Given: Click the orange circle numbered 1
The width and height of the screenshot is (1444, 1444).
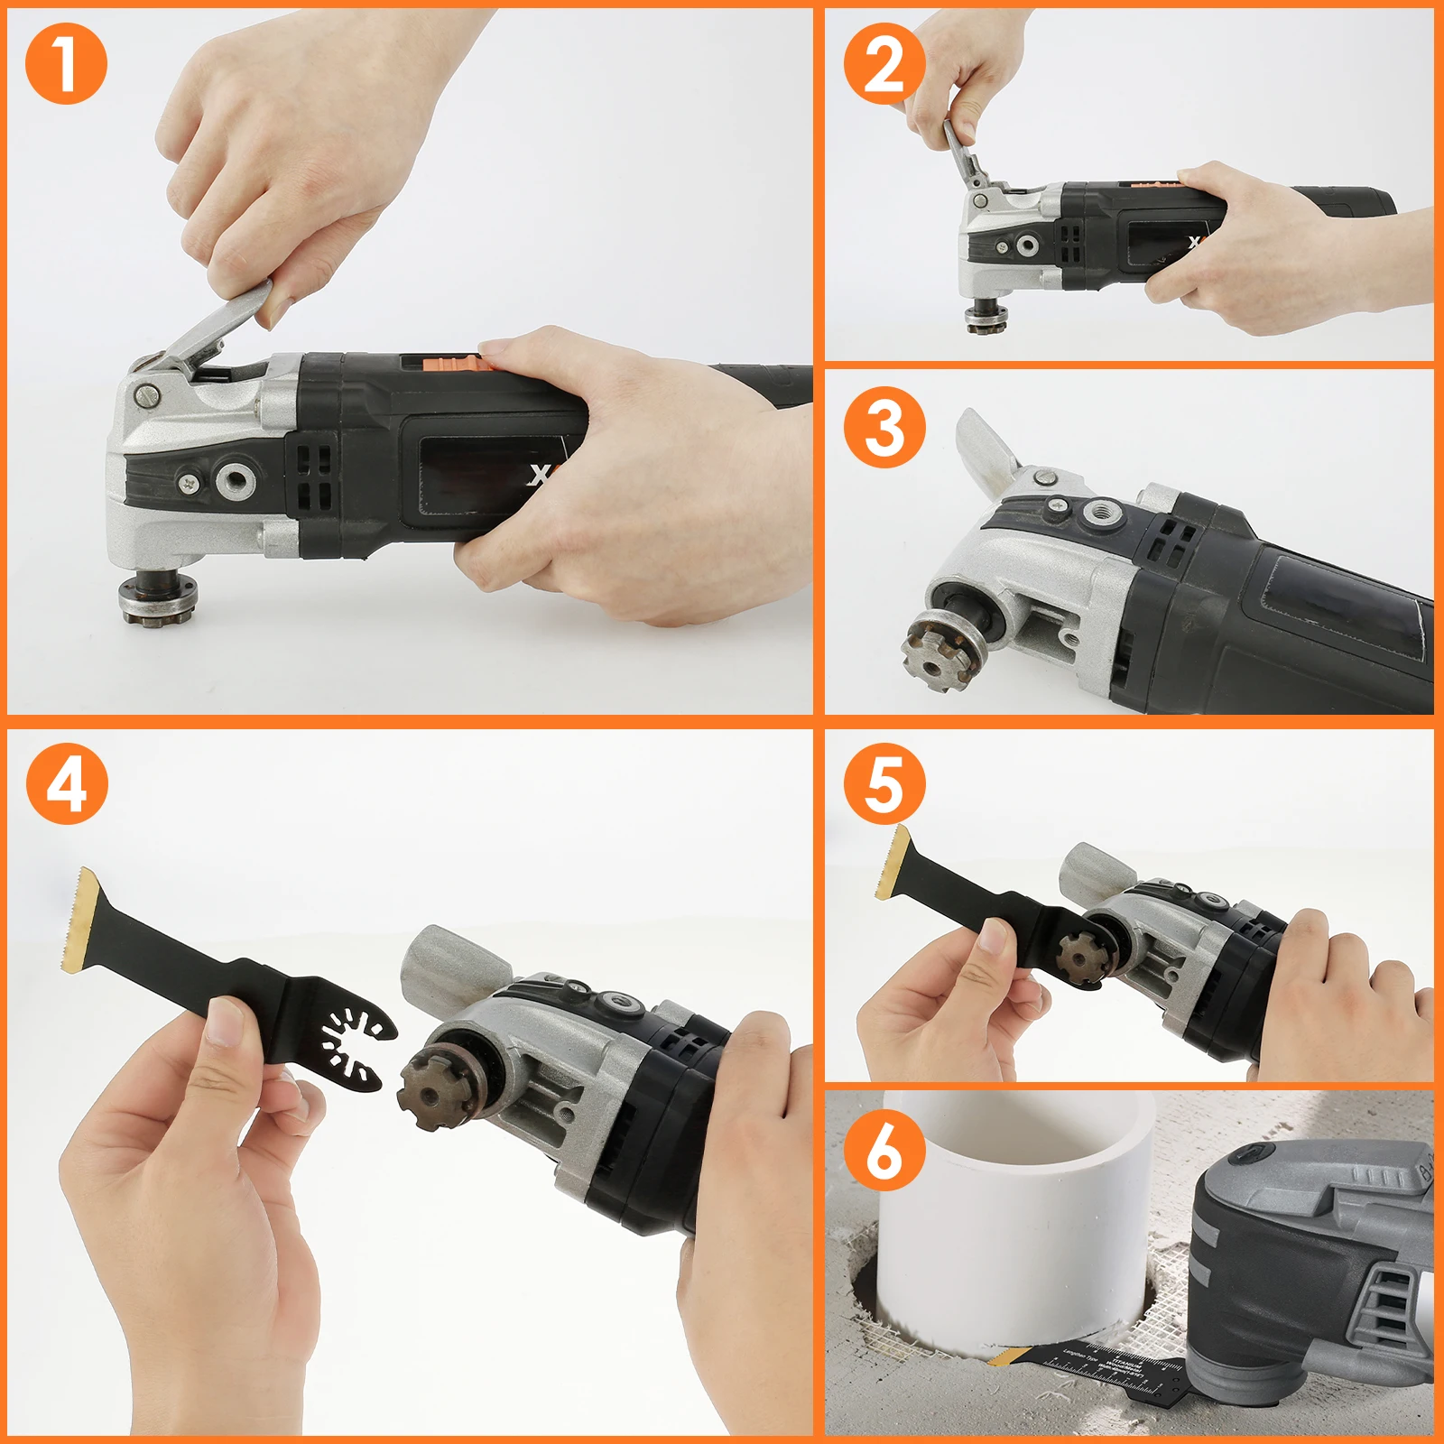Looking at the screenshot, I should point(66,64).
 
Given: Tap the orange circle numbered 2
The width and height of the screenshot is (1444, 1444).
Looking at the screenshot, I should point(884,64).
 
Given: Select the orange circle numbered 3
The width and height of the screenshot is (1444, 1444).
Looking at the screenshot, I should point(884,427).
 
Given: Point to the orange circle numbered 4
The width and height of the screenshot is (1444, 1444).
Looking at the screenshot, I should point(66,783).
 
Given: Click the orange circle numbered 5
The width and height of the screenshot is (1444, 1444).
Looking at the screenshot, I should point(884,783).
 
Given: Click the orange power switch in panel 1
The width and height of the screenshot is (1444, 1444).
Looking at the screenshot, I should point(460,363).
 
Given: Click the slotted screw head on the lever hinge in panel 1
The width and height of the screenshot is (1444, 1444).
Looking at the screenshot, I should point(147,394).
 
